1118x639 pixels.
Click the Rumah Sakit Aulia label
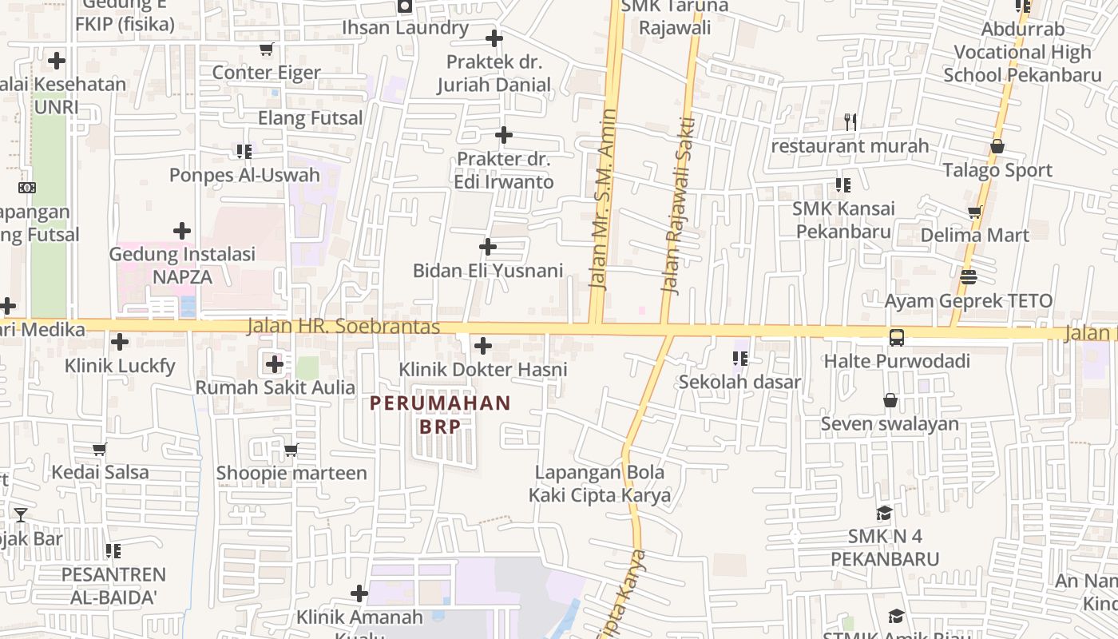click(x=276, y=387)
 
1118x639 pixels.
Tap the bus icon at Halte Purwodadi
click(x=897, y=338)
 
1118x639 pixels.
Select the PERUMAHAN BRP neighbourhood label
click(x=440, y=415)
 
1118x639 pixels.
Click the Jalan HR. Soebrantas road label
click(x=343, y=327)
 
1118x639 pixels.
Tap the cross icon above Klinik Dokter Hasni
click(x=483, y=346)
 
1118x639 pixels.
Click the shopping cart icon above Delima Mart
click(x=974, y=212)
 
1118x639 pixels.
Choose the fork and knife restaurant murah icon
click(x=850, y=122)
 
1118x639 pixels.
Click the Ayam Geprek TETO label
click(x=968, y=301)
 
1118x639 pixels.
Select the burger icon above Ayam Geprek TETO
click(x=969, y=277)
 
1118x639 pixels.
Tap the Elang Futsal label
click(x=310, y=118)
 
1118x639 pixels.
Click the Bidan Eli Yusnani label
click(x=488, y=271)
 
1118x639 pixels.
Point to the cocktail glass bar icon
click(x=21, y=515)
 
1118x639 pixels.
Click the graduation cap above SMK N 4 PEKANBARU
click(x=884, y=513)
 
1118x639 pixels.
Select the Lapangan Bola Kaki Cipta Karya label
click(x=600, y=483)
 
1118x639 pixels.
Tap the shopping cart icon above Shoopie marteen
click(x=291, y=450)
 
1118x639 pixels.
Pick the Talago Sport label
click(x=997, y=170)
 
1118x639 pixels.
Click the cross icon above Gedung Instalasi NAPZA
click(x=182, y=232)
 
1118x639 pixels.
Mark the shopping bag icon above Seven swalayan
click(x=890, y=400)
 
